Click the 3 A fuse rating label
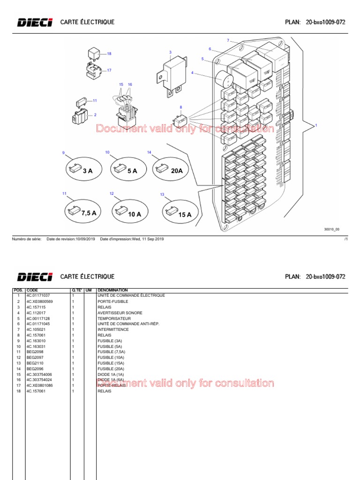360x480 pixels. point(88,171)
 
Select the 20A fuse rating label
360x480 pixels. point(177,171)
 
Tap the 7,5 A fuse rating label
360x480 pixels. point(89,213)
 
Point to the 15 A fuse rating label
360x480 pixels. point(185,215)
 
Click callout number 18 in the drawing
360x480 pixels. point(109,54)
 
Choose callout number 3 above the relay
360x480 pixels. point(170,52)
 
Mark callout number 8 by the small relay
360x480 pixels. point(181,107)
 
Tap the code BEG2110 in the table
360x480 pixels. point(35,363)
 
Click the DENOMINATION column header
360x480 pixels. point(112,290)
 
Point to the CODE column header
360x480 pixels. point(32,290)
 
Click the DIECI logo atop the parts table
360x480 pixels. point(35,277)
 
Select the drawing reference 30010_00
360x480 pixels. point(332,230)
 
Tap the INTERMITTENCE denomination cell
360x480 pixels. point(112,330)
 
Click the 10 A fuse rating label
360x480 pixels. point(135,214)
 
